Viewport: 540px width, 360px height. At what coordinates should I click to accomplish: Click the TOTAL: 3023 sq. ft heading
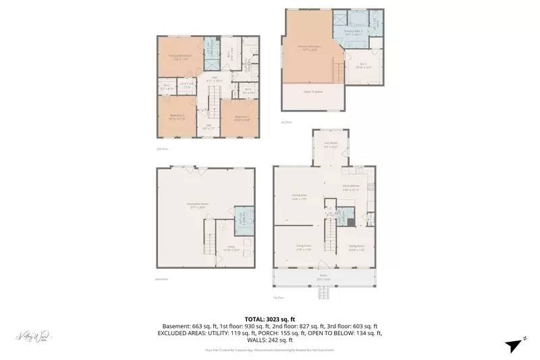click(269, 319)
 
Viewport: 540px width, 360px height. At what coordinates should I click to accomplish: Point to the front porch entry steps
click(324, 293)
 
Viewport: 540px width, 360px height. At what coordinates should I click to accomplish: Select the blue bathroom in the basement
click(244, 218)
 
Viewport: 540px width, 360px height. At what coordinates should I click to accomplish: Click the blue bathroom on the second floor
click(211, 54)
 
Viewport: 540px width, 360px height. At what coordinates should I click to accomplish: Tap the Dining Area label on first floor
click(300, 197)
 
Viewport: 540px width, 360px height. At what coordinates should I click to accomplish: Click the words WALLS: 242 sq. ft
click(269, 340)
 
